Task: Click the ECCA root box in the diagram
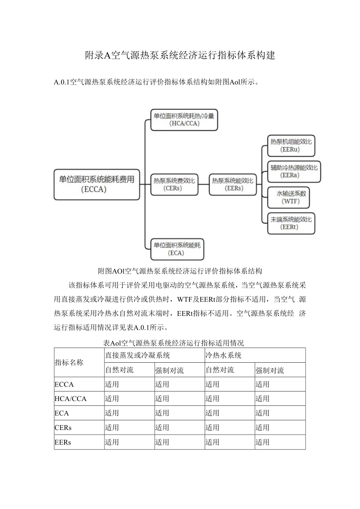(x=97, y=184)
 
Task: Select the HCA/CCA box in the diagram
(x=184, y=119)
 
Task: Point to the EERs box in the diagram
(x=232, y=184)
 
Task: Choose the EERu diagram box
(x=291, y=146)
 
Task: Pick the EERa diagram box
(x=294, y=171)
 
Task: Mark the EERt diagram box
(x=291, y=223)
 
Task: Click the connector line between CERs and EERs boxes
(x=203, y=184)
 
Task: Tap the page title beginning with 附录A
(x=180, y=56)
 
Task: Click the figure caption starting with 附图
(x=180, y=271)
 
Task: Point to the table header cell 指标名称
(x=69, y=362)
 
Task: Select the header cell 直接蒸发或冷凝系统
(x=137, y=355)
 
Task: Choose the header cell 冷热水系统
(x=223, y=355)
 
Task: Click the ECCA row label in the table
(x=64, y=384)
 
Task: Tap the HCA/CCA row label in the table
(x=70, y=399)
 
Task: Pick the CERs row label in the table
(x=63, y=428)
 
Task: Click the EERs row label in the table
(x=63, y=442)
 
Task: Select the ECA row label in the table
(x=62, y=413)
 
